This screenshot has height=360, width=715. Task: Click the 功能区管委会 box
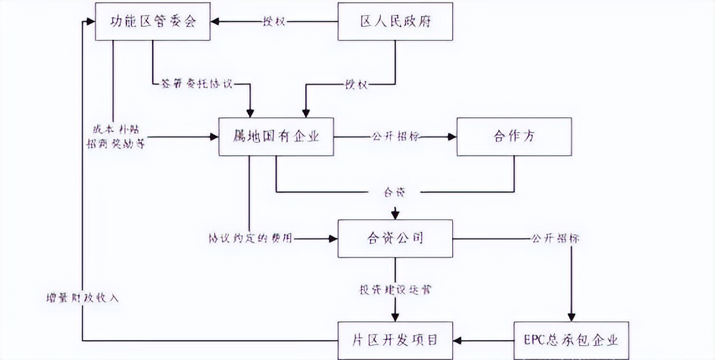coord(152,22)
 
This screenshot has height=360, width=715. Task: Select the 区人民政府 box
coord(395,22)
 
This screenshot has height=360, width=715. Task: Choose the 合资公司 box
coord(395,239)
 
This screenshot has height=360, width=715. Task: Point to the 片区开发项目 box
coord(395,340)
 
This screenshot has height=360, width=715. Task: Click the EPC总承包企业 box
coord(571,340)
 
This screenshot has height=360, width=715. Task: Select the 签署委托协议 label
coord(197,83)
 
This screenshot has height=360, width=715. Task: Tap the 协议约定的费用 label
coord(251,239)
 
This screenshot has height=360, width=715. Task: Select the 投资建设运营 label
coord(395,289)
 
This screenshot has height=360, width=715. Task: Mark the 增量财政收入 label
coord(82,297)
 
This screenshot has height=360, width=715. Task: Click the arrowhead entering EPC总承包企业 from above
coord(571,317)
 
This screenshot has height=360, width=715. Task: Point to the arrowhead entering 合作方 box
coord(452,136)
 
